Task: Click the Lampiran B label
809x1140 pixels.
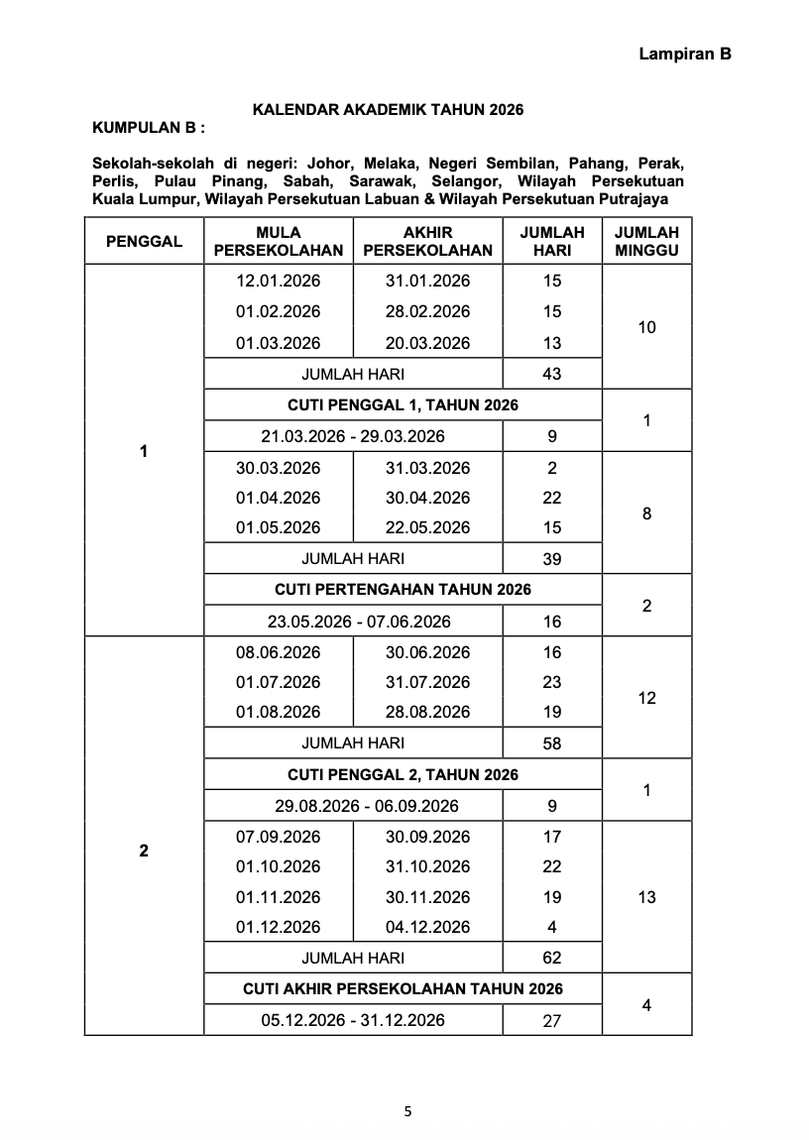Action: [x=684, y=56]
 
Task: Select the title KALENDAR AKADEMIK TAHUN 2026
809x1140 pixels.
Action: [x=388, y=109]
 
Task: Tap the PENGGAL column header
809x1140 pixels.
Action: [x=144, y=241]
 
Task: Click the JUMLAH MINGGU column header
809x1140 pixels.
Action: [x=646, y=241]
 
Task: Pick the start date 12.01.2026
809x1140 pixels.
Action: [x=278, y=281]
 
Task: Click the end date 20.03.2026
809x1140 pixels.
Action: [x=427, y=343]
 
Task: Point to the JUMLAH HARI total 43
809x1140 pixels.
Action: [x=552, y=374]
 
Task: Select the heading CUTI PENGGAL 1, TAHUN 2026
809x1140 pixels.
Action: [x=403, y=404]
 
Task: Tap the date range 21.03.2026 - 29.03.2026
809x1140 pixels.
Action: [x=353, y=436]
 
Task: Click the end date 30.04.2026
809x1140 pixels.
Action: [x=427, y=498]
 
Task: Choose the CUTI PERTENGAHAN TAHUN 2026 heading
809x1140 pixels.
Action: [x=403, y=590]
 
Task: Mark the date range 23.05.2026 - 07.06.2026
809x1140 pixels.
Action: [x=353, y=622]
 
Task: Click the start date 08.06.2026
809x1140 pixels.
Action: [x=278, y=652]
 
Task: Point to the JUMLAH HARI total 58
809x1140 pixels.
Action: [x=552, y=742]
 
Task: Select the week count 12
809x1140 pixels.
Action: [x=646, y=698]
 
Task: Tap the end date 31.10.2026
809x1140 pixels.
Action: [x=427, y=866]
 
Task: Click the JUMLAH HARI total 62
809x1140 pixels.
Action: [x=552, y=958]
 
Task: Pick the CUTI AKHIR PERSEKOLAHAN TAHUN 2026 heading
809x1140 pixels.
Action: [x=403, y=988]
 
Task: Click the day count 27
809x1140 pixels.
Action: [x=552, y=1020]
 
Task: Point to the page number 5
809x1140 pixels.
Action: [x=406, y=1111]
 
